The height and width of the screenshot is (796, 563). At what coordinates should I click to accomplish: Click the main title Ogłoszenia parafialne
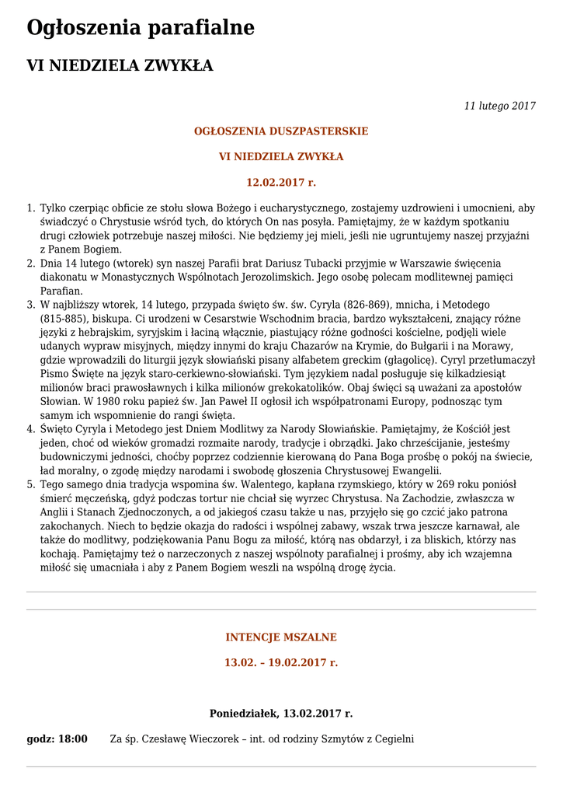click(x=141, y=28)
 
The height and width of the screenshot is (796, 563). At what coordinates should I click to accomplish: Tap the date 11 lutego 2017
click(x=499, y=106)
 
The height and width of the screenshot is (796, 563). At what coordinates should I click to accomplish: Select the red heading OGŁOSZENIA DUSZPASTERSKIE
click(x=281, y=131)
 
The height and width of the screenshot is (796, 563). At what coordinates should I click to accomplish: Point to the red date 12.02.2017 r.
click(x=281, y=183)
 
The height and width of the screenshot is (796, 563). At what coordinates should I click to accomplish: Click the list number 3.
click(x=31, y=305)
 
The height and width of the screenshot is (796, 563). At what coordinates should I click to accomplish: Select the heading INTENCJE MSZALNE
click(x=281, y=637)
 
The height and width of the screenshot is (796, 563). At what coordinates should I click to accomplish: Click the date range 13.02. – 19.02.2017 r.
click(x=281, y=663)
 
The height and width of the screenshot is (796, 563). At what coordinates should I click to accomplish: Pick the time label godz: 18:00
click(x=57, y=738)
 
